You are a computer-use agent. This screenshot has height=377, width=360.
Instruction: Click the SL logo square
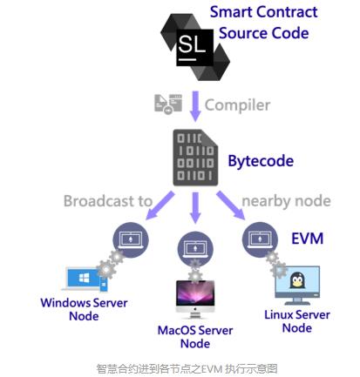click(x=195, y=47)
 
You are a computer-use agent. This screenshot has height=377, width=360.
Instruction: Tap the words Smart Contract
click(x=263, y=12)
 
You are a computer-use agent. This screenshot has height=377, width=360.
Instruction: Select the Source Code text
click(x=263, y=33)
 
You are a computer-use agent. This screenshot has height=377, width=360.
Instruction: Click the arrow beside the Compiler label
click(x=195, y=106)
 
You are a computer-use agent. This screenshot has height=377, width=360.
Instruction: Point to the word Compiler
click(x=237, y=105)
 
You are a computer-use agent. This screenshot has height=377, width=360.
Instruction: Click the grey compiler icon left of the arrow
click(x=168, y=104)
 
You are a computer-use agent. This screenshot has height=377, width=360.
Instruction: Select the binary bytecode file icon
click(x=195, y=158)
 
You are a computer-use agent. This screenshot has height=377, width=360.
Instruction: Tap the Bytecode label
click(x=261, y=161)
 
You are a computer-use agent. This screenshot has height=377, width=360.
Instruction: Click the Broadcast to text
click(x=108, y=201)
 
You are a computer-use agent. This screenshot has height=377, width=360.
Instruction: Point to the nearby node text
click(x=286, y=201)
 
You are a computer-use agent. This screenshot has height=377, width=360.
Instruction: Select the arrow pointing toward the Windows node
click(x=160, y=205)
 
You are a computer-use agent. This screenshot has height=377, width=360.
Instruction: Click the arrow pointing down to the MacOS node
click(x=195, y=207)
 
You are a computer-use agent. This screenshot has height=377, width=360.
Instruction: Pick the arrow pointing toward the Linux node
click(x=231, y=205)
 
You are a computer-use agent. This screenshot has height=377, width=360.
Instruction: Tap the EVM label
click(x=307, y=239)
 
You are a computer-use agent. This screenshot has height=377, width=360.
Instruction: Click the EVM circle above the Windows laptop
click(x=131, y=239)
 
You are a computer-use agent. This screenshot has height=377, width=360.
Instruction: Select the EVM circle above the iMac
click(x=195, y=249)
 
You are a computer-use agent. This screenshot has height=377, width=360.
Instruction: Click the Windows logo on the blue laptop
click(x=85, y=279)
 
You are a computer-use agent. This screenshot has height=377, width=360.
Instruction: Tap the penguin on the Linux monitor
click(x=297, y=280)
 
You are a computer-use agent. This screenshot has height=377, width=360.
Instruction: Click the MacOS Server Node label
click(x=195, y=337)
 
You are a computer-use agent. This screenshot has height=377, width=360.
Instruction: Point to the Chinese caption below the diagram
click(x=187, y=369)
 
